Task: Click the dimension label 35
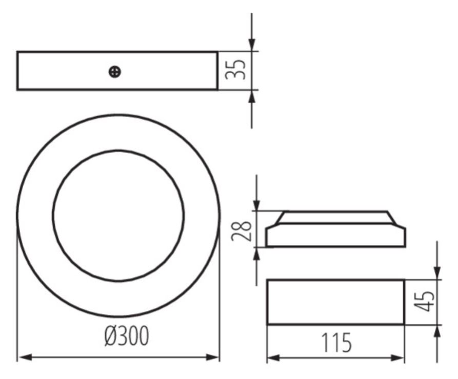pyautogui.click(x=235, y=70)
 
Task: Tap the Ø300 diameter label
pyautogui.click(x=127, y=335)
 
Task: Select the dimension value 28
pyautogui.click(x=241, y=231)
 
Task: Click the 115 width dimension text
pyautogui.click(x=336, y=343)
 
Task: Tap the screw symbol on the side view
pyautogui.click(x=115, y=72)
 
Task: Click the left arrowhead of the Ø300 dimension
pyautogui.click(x=25, y=357)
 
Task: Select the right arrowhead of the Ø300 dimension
pyautogui.click(x=212, y=357)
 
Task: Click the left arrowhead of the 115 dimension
pyautogui.click(x=274, y=357)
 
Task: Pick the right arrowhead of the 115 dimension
pyautogui.click(x=398, y=357)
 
